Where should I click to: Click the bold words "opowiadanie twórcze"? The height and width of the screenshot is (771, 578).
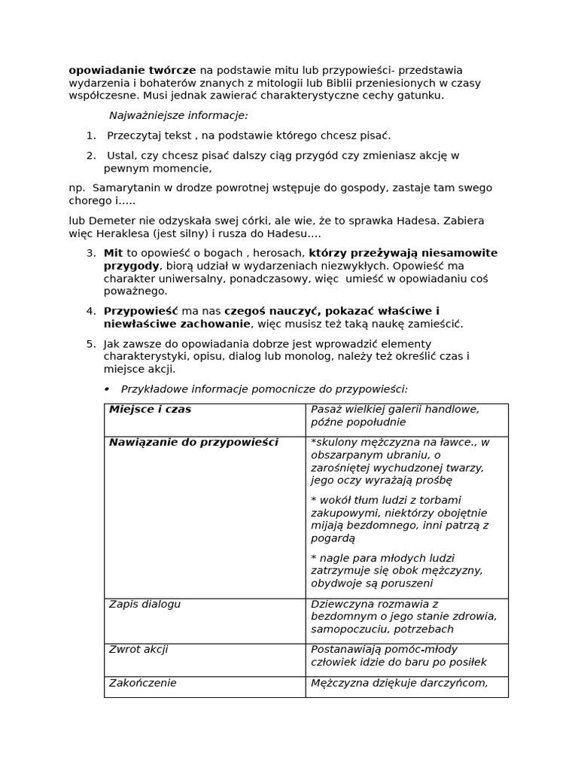(132, 70)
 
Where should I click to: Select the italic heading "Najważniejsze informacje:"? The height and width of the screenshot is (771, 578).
(178, 115)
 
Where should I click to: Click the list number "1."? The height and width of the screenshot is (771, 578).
(91, 136)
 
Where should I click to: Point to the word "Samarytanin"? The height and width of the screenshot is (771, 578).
(123, 187)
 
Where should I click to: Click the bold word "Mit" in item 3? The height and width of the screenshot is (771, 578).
(113, 253)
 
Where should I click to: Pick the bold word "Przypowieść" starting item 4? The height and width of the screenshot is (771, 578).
(141, 311)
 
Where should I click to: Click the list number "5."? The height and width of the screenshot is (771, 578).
(91, 343)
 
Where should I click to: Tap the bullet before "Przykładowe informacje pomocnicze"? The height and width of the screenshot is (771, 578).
(107, 389)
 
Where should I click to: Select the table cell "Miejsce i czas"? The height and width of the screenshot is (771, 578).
(151, 410)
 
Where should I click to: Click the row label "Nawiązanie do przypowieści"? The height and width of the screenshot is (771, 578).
(193, 443)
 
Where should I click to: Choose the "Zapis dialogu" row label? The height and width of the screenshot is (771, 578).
(144, 604)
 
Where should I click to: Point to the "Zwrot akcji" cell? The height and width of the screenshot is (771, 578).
(138, 649)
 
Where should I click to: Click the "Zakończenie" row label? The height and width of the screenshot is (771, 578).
(143, 683)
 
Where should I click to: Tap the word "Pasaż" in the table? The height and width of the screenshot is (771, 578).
(327, 410)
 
